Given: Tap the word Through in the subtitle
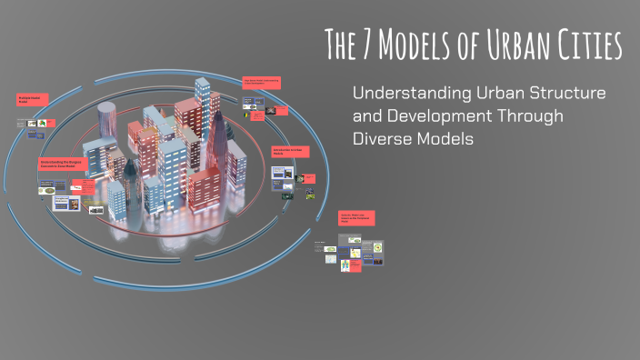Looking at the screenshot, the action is click(535, 116).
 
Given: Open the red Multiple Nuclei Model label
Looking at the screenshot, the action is click(33, 100).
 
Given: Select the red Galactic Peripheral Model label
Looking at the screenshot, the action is click(358, 218).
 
